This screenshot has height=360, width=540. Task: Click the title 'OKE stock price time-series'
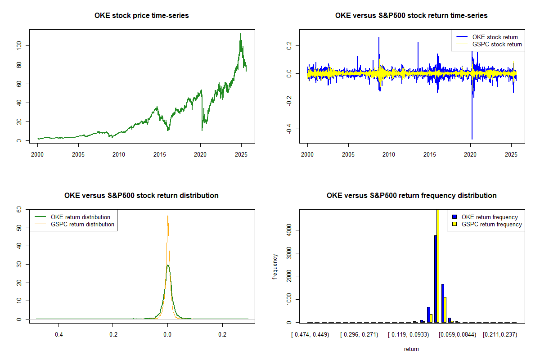pos(141,16)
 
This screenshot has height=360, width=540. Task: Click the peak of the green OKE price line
pos(240,34)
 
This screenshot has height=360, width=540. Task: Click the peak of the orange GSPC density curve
pos(168,216)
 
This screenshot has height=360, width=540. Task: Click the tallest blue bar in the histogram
pos(435,279)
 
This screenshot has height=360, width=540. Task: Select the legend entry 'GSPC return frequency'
pos(491,224)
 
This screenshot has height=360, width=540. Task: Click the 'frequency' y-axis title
pos(275,266)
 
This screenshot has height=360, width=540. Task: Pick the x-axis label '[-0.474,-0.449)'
pos(310,335)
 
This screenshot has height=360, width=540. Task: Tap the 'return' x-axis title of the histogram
pos(411,349)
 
